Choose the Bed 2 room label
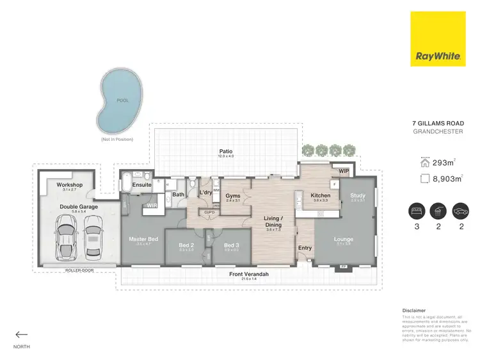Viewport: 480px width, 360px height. point(186,245)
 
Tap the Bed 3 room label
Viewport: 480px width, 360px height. point(231,245)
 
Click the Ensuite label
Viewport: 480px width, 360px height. point(142,185)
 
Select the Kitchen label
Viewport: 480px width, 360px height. point(320,195)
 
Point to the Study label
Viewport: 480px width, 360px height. point(357,195)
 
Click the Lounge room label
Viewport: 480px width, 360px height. point(344,240)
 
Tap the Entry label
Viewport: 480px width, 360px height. point(305,248)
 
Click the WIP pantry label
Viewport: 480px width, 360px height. point(344,171)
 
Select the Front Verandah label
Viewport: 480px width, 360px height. point(249,274)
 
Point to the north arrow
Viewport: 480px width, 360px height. point(22,334)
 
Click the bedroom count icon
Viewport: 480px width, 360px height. point(417,211)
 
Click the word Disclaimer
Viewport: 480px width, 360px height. point(413,310)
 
